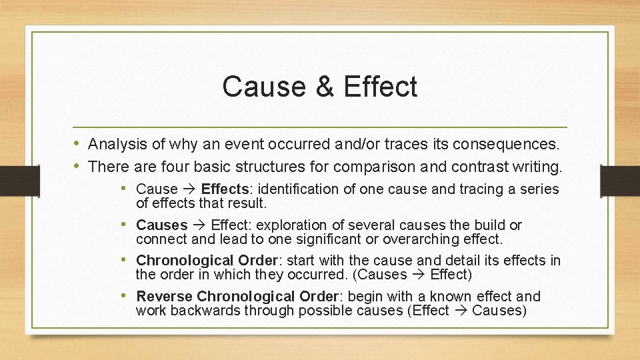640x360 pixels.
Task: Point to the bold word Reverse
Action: [165, 297]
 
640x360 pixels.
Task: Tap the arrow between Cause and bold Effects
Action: [189, 189]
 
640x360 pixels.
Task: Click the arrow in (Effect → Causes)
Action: [460, 310]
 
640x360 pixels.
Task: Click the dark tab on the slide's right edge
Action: [619, 180]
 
